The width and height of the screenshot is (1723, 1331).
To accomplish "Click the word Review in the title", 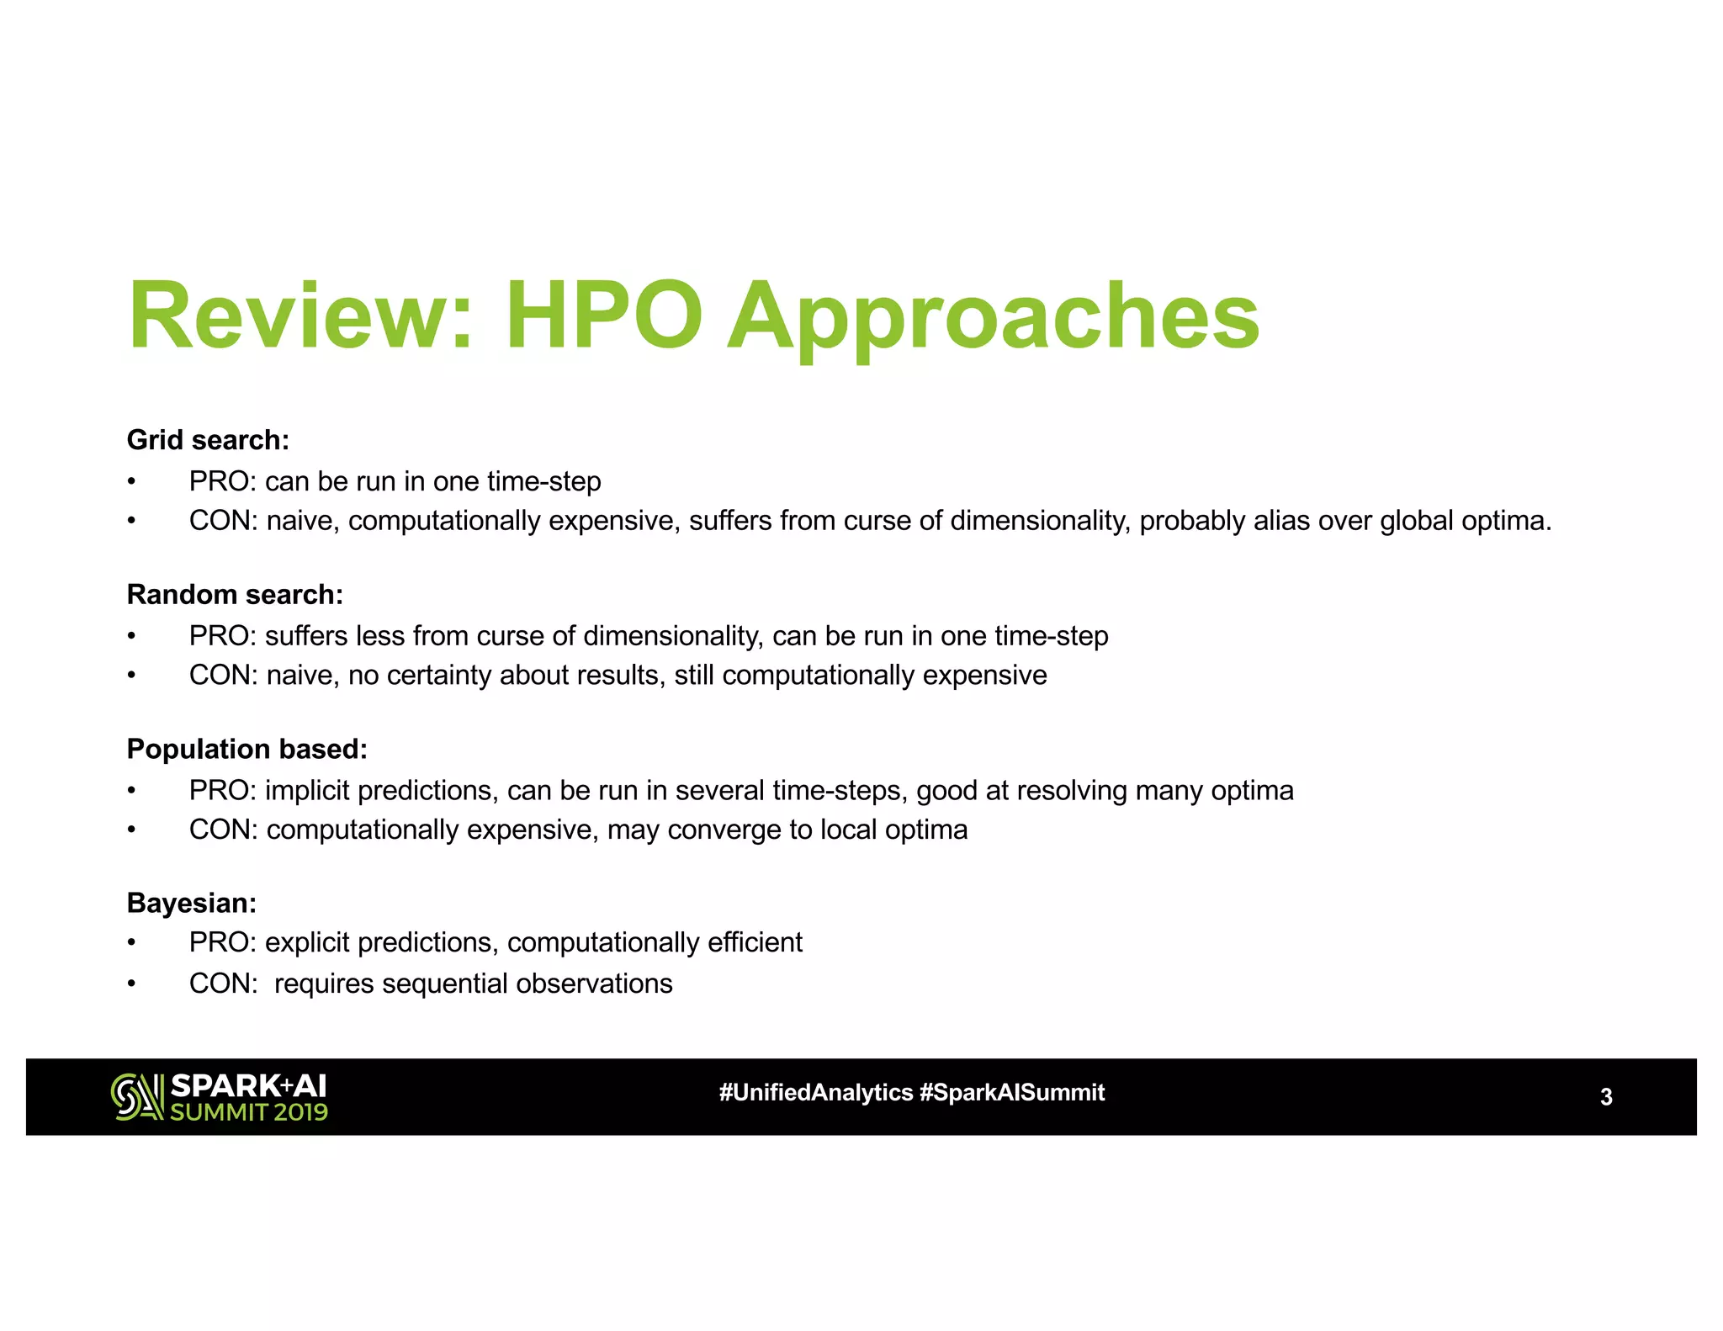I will click(289, 316).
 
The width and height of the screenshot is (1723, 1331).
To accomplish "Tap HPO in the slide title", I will click(603, 316).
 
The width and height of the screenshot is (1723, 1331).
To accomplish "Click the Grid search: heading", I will click(208, 440).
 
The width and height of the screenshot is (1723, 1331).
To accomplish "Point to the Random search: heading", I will click(235, 595).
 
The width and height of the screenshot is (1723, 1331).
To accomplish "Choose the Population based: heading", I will click(247, 749).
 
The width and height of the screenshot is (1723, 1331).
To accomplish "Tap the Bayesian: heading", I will click(191, 903).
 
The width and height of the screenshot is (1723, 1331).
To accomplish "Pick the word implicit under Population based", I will click(307, 791).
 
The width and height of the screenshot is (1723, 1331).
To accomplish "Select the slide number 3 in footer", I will click(1605, 1097).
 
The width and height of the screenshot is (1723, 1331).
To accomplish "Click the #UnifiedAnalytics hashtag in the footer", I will click(815, 1093).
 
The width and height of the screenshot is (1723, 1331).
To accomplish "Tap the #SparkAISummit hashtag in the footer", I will click(1012, 1093).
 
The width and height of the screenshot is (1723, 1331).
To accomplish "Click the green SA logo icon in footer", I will click(137, 1097).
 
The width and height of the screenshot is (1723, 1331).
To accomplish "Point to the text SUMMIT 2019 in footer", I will click(249, 1112).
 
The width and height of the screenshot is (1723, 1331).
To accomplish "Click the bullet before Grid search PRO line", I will click(131, 482).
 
